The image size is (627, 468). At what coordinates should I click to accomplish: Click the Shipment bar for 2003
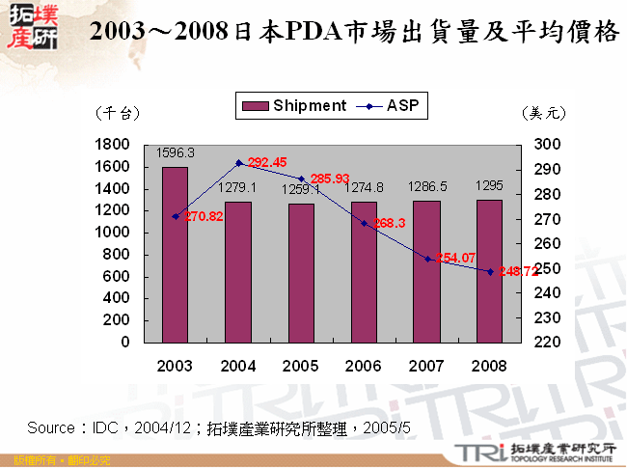pyautogui.click(x=175, y=255)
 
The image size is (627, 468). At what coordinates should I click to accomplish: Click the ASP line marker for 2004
pyautogui.click(x=238, y=163)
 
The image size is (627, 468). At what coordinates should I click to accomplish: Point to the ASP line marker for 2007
pyautogui.click(x=426, y=259)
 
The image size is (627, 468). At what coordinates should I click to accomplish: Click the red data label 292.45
pyautogui.click(x=267, y=162)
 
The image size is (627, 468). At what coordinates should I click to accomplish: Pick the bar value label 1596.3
pyautogui.click(x=176, y=152)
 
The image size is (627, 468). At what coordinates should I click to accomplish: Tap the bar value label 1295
pyautogui.click(x=489, y=185)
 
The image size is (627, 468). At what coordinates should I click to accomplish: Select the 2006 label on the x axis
pyautogui.click(x=364, y=367)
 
